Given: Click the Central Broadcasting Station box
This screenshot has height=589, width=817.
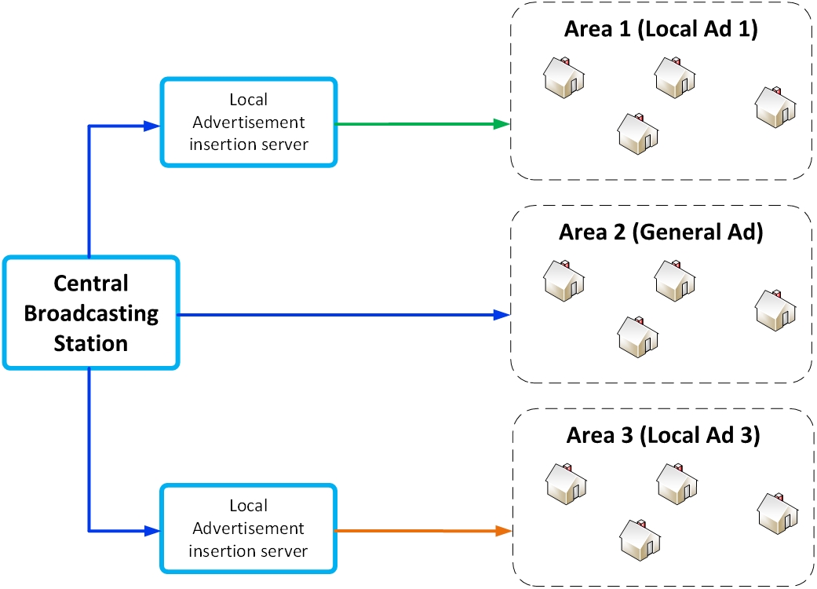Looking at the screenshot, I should coord(90,313).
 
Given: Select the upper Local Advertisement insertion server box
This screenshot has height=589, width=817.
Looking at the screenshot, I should coord(248,123).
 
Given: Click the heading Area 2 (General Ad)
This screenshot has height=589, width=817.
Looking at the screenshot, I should coord(660,232).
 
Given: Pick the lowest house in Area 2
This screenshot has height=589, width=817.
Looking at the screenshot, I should coord(638,336).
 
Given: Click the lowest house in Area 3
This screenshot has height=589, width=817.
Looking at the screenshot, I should coord(640,538).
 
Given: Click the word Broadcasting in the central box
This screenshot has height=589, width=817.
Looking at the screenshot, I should coord(91,313).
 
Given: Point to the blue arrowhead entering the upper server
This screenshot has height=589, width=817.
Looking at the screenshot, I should coord(151,124).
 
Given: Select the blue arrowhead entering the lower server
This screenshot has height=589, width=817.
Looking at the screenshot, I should coord(151,531).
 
